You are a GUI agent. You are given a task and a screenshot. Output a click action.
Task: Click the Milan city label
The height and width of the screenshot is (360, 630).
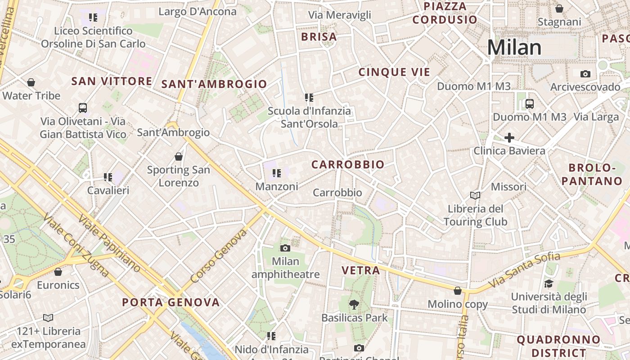click(x=514, y=48)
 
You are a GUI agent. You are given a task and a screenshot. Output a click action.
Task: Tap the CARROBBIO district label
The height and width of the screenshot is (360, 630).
click(x=348, y=165)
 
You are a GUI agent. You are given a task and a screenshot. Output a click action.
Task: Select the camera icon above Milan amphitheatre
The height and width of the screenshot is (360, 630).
click(x=285, y=248)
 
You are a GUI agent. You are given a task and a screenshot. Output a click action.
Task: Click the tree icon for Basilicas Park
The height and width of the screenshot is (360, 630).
click(x=354, y=305)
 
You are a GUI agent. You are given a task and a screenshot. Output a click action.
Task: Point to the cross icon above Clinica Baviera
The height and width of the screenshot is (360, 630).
click(x=509, y=138)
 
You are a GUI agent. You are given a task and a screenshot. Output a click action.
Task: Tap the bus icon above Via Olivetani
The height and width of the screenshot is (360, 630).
click(x=83, y=108)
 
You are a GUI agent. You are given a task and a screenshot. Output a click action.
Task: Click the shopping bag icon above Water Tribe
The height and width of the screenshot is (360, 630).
click(x=31, y=82)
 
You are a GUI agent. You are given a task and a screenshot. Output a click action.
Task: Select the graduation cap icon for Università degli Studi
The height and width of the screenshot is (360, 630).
click(x=549, y=283)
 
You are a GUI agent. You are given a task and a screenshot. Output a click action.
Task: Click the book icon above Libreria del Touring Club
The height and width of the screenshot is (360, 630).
click(x=475, y=195)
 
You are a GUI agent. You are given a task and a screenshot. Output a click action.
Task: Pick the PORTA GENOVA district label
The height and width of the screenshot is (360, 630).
click(x=171, y=302)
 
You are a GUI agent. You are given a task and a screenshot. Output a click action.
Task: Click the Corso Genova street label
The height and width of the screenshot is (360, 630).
click(x=219, y=256)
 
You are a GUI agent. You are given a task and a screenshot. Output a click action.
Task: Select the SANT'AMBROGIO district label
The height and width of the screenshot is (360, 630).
click(x=214, y=84)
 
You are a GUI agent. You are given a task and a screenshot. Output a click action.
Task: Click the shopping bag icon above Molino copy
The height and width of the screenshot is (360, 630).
click(x=458, y=291)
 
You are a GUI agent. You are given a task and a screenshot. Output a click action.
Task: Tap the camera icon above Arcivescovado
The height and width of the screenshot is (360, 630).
click(x=585, y=74)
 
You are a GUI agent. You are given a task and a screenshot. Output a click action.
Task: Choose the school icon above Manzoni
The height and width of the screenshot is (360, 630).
click(x=277, y=173)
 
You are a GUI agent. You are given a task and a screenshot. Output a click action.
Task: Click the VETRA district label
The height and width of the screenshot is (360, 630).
click(x=361, y=271)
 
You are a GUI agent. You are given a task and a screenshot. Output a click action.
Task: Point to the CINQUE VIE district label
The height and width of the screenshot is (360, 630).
click(x=394, y=72)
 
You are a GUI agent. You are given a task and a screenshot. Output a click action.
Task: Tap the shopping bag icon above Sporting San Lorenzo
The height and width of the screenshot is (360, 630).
click(x=179, y=157)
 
